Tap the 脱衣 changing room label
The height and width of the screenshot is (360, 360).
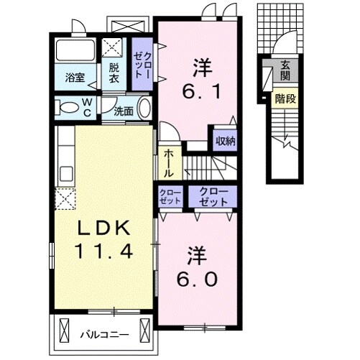pos(115,74)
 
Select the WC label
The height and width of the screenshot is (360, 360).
pos(85,108)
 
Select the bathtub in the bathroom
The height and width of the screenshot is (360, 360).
pos(75,52)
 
